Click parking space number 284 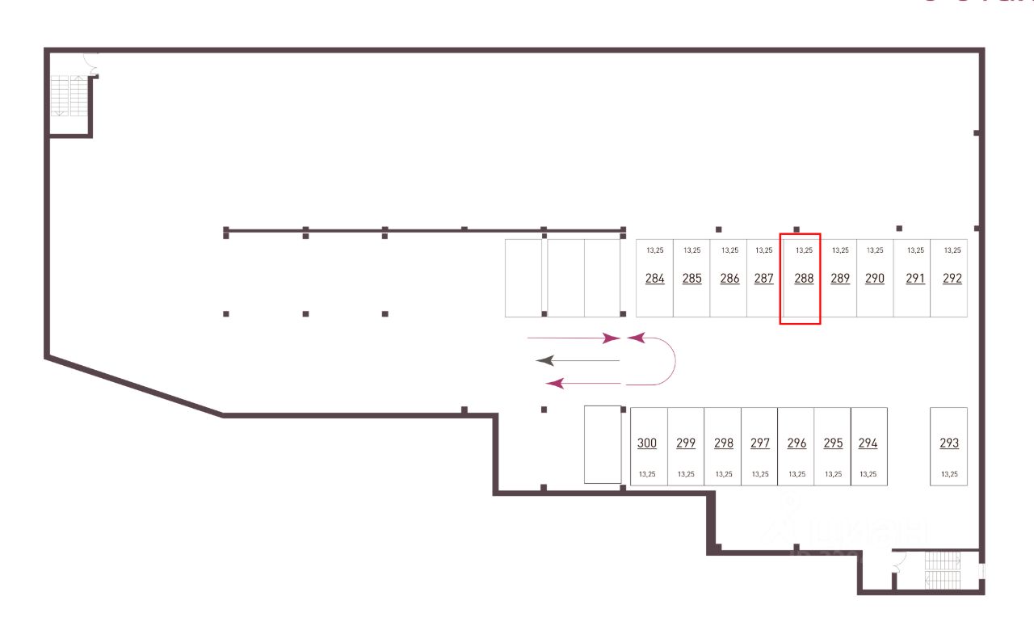tap(655, 279)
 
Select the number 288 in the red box tap(804, 279)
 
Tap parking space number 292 tap(952, 279)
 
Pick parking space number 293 tap(949, 443)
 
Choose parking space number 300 tap(647, 443)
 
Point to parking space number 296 tap(797, 443)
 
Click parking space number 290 tap(875, 279)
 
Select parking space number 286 tap(729, 279)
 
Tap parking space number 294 tap(868, 443)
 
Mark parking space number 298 tap(724, 443)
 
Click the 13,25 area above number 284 tap(655, 250)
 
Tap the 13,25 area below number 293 tap(949, 474)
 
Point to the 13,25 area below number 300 tap(647, 474)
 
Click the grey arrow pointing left tap(577, 360)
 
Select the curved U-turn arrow tap(664, 360)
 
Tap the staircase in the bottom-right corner tap(942, 571)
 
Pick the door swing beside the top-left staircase tap(90, 64)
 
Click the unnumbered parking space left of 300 tap(603, 444)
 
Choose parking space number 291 tap(915, 279)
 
